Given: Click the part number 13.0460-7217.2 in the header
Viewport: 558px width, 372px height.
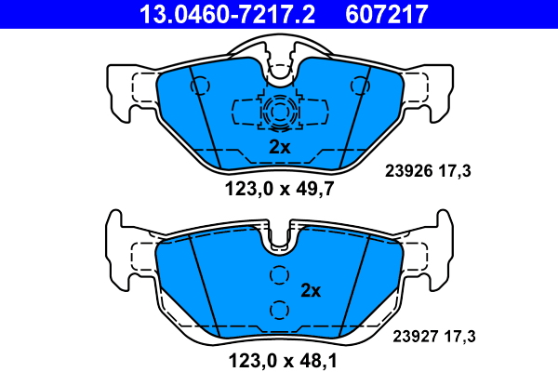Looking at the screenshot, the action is coord(227,14).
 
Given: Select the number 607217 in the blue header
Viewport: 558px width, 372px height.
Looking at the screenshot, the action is coord(387,14).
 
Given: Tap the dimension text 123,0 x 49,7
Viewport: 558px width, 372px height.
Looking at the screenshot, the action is coord(279,189).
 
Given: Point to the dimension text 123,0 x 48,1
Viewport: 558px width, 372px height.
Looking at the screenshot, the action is coord(283,361).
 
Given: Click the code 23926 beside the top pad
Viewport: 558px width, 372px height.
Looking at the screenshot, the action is coord(409,171).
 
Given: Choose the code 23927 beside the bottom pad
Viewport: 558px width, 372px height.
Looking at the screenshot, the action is coord(417,337).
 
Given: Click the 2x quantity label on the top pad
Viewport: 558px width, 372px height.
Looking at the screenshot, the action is coord(279,147).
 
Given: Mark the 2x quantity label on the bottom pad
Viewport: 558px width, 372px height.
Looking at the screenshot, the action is coord(311,291).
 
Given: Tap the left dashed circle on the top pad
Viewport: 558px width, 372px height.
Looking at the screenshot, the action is coord(200,86).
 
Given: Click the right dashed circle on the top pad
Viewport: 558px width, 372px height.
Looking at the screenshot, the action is coord(360,86).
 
